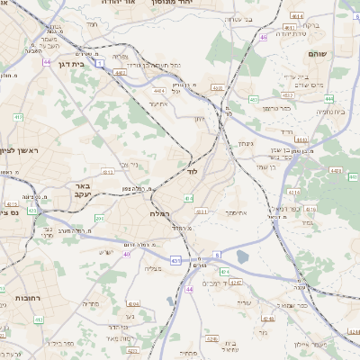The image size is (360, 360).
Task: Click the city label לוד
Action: tap(191, 170)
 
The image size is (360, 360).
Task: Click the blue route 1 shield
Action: tap(102, 63)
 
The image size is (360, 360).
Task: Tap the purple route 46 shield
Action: tap(264, 38)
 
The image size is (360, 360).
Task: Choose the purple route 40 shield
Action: tap(127, 255)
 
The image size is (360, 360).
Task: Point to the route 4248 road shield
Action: tap(236, 283)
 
